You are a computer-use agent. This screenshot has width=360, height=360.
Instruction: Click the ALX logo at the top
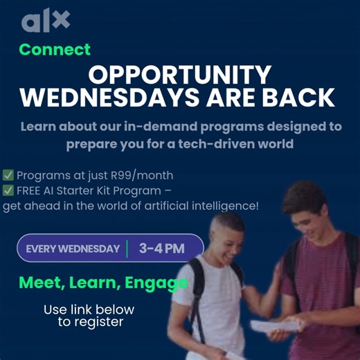46,21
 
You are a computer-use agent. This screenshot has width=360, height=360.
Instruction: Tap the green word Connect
55,50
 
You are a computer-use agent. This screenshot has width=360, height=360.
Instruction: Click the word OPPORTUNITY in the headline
179,74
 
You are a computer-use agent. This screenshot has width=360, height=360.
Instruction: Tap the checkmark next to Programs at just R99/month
8,174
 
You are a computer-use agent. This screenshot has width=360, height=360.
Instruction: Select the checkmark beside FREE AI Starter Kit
8,190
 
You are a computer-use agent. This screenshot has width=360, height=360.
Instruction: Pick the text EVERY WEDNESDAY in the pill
73,249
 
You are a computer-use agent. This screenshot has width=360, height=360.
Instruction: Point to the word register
100,322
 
